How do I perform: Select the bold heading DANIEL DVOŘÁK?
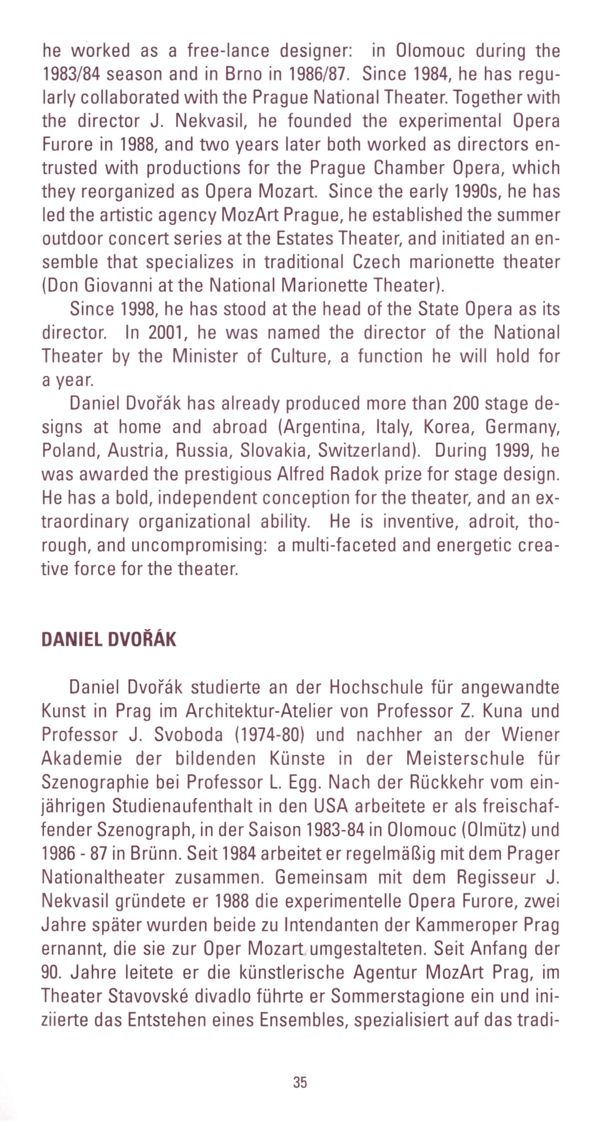109,640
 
